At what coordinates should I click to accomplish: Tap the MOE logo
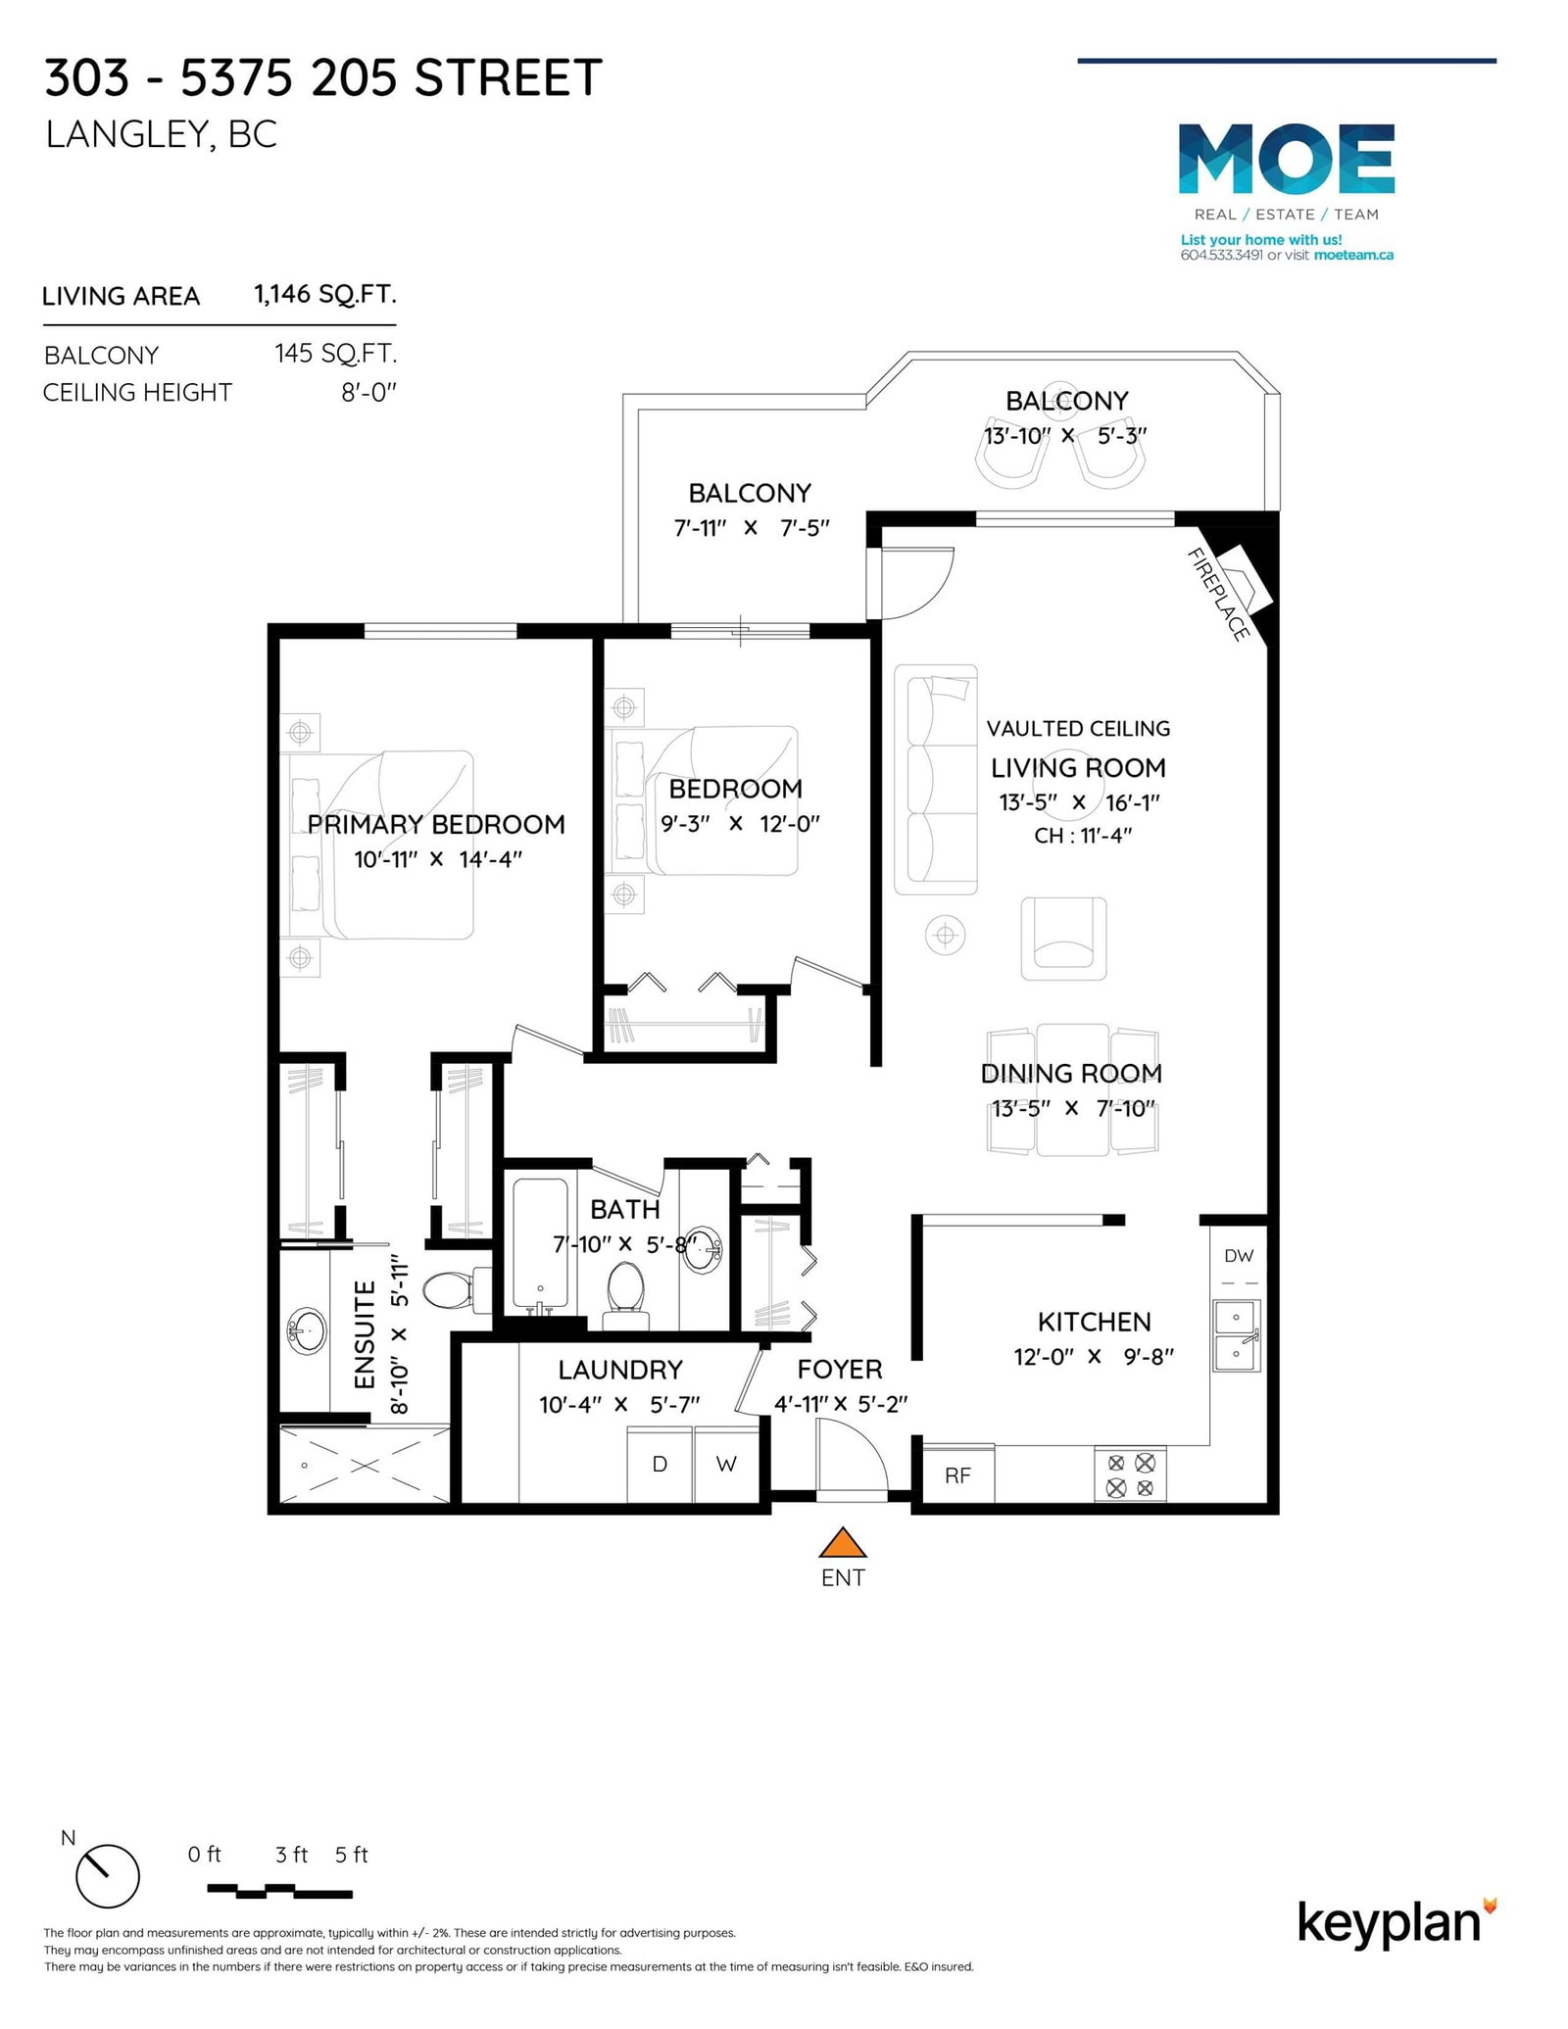coord(1286,159)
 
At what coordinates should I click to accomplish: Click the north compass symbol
coord(107,1876)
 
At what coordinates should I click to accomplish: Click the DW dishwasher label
coord(1239,1255)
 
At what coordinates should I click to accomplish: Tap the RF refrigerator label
coord(957,1475)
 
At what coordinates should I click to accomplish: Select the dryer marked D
coord(660,1464)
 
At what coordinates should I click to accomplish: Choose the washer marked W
coord(726,1464)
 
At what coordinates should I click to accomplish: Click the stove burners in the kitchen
coord(1130,1475)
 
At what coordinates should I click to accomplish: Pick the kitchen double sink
coord(1237,1335)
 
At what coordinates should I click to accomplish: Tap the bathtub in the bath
coord(540,1246)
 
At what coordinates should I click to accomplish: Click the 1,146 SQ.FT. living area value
coord(325,294)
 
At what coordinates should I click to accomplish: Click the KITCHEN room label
coord(1094,1322)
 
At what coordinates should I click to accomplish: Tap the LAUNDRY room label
coord(620,1370)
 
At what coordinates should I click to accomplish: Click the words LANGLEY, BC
coord(162,135)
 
